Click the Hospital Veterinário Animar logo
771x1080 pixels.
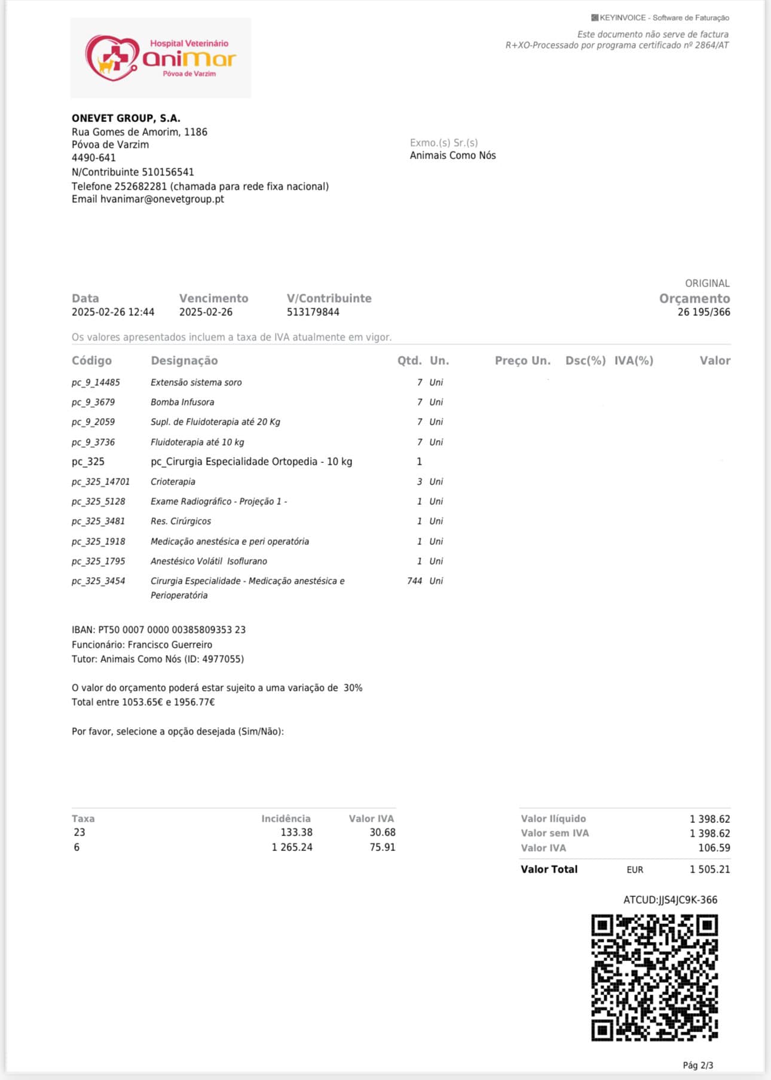[x=160, y=58]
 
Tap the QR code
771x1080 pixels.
[x=654, y=977]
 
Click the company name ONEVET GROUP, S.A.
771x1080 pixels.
[x=126, y=118]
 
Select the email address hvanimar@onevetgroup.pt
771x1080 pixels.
[x=162, y=199]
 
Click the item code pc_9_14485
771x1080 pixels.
[x=96, y=383]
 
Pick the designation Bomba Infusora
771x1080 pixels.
[x=182, y=402]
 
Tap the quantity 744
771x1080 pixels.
[x=414, y=581]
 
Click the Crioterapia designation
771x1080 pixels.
[x=173, y=482]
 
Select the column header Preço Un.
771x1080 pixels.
[x=522, y=361]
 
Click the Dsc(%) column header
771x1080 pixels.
[x=585, y=361]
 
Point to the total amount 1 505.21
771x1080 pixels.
[x=709, y=870]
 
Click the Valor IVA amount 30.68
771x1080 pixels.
[x=383, y=832]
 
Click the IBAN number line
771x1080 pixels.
[x=158, y=630]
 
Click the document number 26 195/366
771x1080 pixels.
[x=703, y=312]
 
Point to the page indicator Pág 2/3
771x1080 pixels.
[x=697, y=1065]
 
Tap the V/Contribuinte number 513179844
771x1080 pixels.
[x=313, y=312]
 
